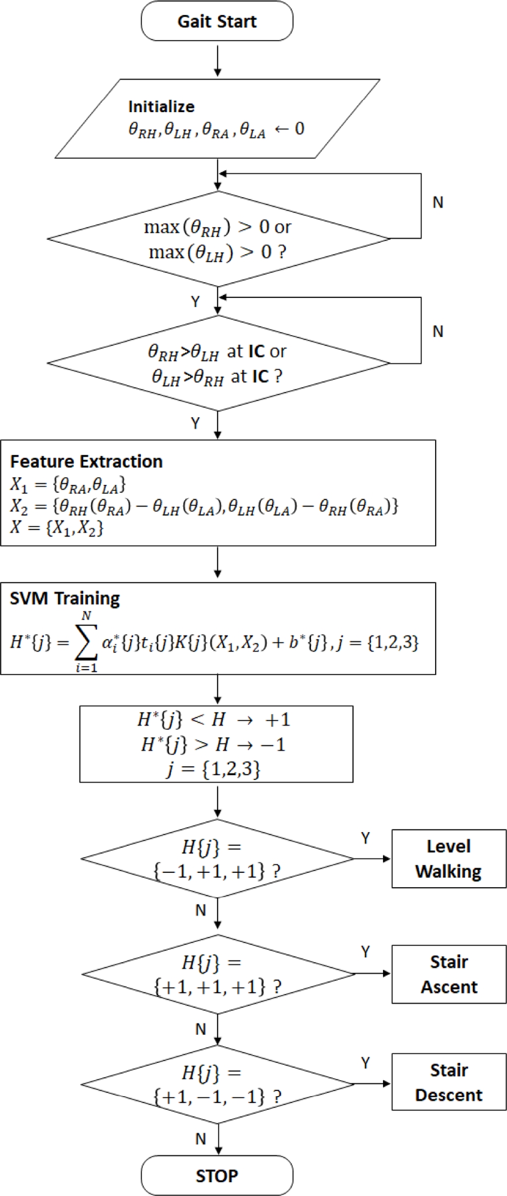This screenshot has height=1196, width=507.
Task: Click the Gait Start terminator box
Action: (x=217, y=21)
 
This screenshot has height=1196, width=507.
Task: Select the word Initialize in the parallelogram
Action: (x=161, y=106)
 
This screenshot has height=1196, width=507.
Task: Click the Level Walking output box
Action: (x=448, y=858)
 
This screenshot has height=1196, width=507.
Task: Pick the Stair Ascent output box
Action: (x=448, y=974)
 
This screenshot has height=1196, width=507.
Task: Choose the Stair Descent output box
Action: (x=448, y=1082)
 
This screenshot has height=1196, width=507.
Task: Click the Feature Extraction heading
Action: (x=86, y=461)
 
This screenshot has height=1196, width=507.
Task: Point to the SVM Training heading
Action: (x=64, y=598)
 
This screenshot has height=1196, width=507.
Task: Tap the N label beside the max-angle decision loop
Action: (x=438, y=202)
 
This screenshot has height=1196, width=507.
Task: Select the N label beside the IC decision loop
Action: (x=438, y=331)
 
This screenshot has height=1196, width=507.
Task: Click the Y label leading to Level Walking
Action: (x=366, y=838)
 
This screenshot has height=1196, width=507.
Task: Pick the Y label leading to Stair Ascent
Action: (x=366, y=952)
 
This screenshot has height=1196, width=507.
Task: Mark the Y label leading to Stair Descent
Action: (x=366, y=1062)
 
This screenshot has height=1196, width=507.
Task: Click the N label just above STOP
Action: (x=200, y=1138)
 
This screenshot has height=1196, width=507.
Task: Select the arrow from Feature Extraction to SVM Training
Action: (x=217, y=564)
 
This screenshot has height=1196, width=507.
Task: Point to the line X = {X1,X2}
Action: (x=57, y=527)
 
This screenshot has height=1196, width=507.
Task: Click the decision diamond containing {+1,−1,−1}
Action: (x=217, y=1084)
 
